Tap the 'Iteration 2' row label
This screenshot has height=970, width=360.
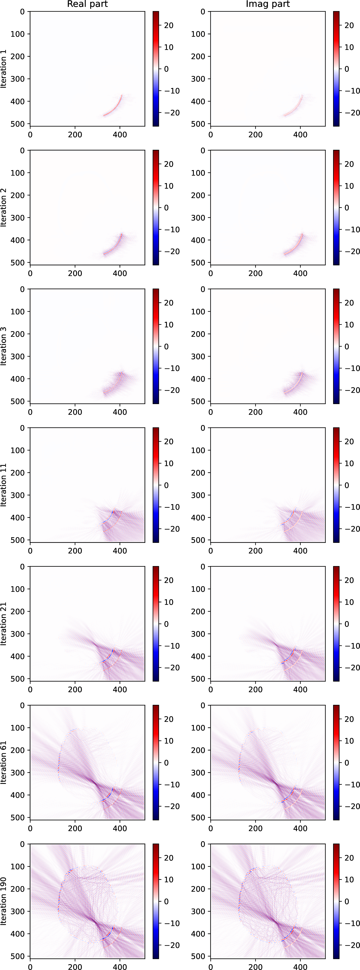coord(4,207)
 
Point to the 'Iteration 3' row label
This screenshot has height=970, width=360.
coord(4,346)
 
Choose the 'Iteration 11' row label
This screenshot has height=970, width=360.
coord(4,485)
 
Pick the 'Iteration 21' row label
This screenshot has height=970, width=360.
coord(4,624)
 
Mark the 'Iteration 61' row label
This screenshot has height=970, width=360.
coord(4,763)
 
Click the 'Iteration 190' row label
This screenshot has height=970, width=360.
coord(4,901)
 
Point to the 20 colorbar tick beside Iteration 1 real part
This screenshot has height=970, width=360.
coord(169,25)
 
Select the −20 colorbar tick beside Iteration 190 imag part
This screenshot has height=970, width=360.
coord(352,945)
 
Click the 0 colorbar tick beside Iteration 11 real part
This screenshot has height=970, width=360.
coord(166,485)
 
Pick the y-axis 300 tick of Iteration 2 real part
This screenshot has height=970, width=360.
coord(17,218)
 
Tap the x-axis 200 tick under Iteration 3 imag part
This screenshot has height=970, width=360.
coord(255,412)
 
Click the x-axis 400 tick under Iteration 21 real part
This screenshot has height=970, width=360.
coord(120,689)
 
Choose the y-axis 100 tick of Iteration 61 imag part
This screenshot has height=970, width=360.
coord(198,728)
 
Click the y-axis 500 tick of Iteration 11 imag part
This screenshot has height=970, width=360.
coord(198,540)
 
